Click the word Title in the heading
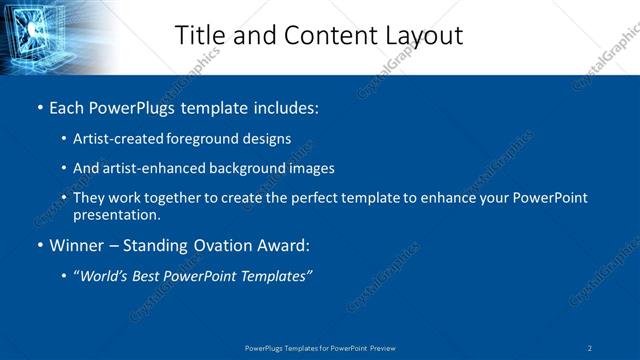point(200,35)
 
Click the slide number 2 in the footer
point(590,347)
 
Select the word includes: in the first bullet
point(286,107)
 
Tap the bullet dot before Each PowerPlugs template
point(39,107)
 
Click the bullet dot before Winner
point(39,245)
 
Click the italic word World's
point(106,275)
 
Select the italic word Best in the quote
point(151,275)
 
